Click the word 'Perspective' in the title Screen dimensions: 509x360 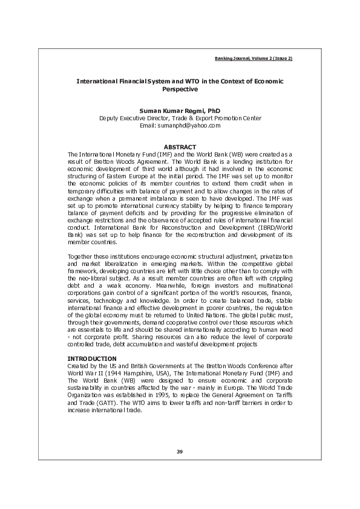point(180,89)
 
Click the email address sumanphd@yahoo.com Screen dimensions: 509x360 point(189,125)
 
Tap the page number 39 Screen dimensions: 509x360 point(180,452)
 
